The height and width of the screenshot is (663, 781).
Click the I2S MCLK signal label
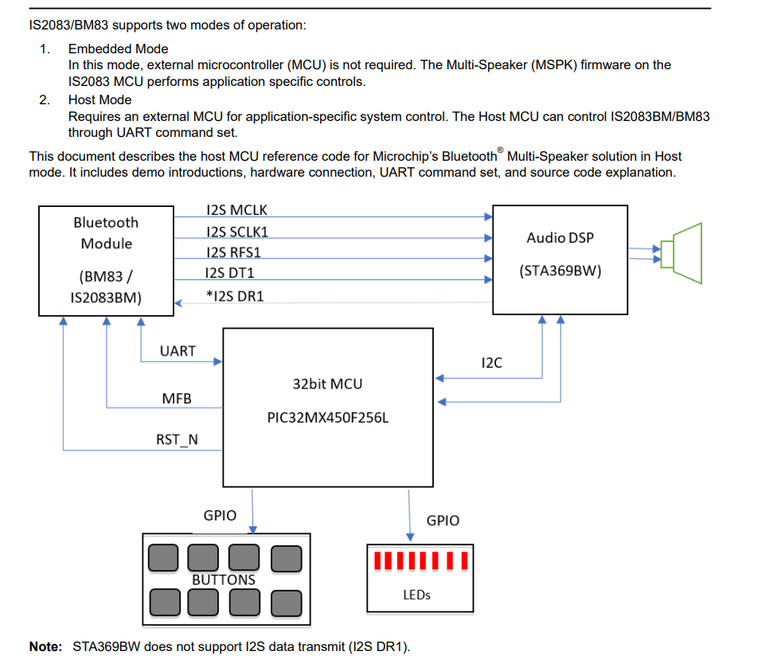(236, 210)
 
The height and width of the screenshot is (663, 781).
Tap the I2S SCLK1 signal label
(236, 232)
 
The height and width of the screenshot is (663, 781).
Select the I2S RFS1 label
(233, 252)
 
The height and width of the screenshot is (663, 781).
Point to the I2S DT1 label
(232, 273)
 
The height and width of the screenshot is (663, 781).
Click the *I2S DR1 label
(234, 295)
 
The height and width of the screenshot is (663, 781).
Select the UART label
(177, 350)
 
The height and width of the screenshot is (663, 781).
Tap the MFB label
(177, 398)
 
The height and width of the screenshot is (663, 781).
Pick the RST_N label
(177, 439)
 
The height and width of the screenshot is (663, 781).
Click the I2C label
(492, 363)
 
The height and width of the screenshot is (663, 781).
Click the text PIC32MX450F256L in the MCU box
(328, 416)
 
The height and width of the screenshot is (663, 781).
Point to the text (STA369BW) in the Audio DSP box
(560, 271)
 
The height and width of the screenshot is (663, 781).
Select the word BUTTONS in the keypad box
(224, 579)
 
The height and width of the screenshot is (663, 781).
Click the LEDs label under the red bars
(417, 595)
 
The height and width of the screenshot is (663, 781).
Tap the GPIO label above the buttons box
(220, 515)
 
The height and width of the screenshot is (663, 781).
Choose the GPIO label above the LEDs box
(443, 521)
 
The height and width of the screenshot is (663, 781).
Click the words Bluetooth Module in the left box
(106, 233)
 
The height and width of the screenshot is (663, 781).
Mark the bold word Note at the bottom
(45, 646)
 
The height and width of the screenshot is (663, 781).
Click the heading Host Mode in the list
(100, 99)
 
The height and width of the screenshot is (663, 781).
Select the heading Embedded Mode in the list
(118, 49)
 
